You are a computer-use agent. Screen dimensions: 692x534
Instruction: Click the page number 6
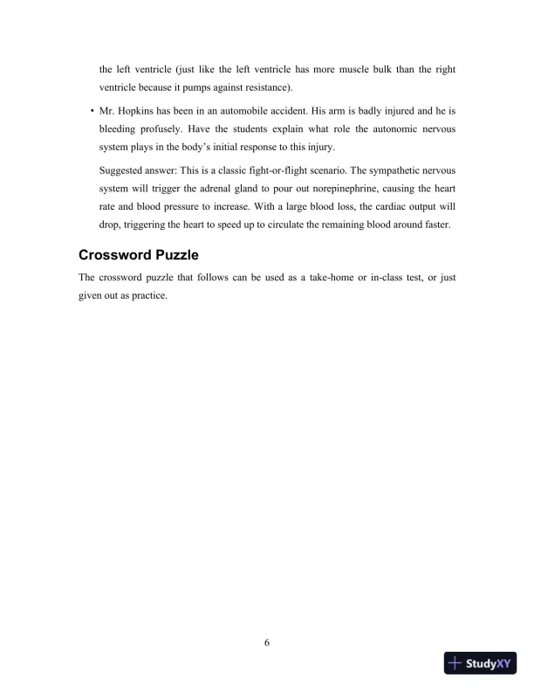(x=267, y=644)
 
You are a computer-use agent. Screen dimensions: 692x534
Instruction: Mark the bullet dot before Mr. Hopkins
(x=92, y=111)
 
